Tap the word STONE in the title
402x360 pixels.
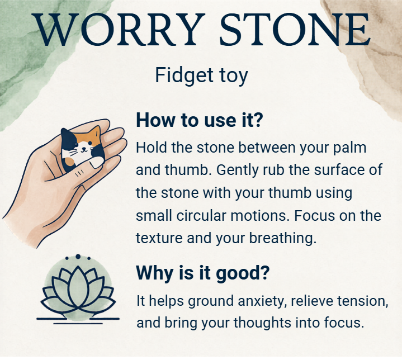(295, 30)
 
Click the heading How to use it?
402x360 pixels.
(200, 120)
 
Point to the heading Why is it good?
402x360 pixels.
(203, 273)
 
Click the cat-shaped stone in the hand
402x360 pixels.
(82, 149)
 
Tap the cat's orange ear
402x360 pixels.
(95, 133)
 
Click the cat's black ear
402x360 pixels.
(67, 135)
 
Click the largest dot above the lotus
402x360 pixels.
(78, 257)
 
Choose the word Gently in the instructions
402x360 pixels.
(237, 170)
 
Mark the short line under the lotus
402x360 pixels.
(78, 324)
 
